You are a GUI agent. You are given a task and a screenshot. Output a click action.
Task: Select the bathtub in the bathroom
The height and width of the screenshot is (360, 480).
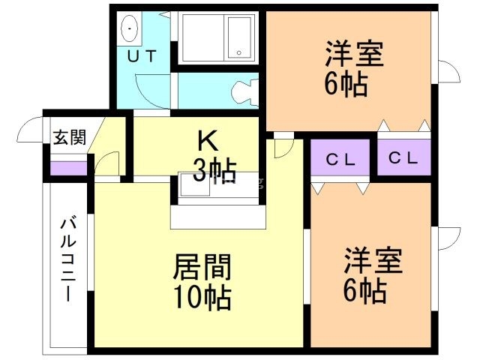217,37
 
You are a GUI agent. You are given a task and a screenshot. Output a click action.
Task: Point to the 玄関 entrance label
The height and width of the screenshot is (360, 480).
69,136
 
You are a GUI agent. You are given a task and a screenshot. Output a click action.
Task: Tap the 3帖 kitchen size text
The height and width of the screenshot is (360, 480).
209,170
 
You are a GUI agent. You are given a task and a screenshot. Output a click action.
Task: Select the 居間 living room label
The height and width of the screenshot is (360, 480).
202,266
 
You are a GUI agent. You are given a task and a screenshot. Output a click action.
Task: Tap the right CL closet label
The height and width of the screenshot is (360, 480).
403,158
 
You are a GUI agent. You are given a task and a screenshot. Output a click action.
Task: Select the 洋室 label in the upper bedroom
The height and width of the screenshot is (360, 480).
353,54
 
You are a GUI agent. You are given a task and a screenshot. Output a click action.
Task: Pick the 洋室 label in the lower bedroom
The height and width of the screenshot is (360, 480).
373,260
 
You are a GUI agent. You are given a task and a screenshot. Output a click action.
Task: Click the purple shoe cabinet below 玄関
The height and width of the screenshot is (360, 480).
67,167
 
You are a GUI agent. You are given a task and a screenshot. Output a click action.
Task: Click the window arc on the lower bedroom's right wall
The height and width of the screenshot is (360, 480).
448,238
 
